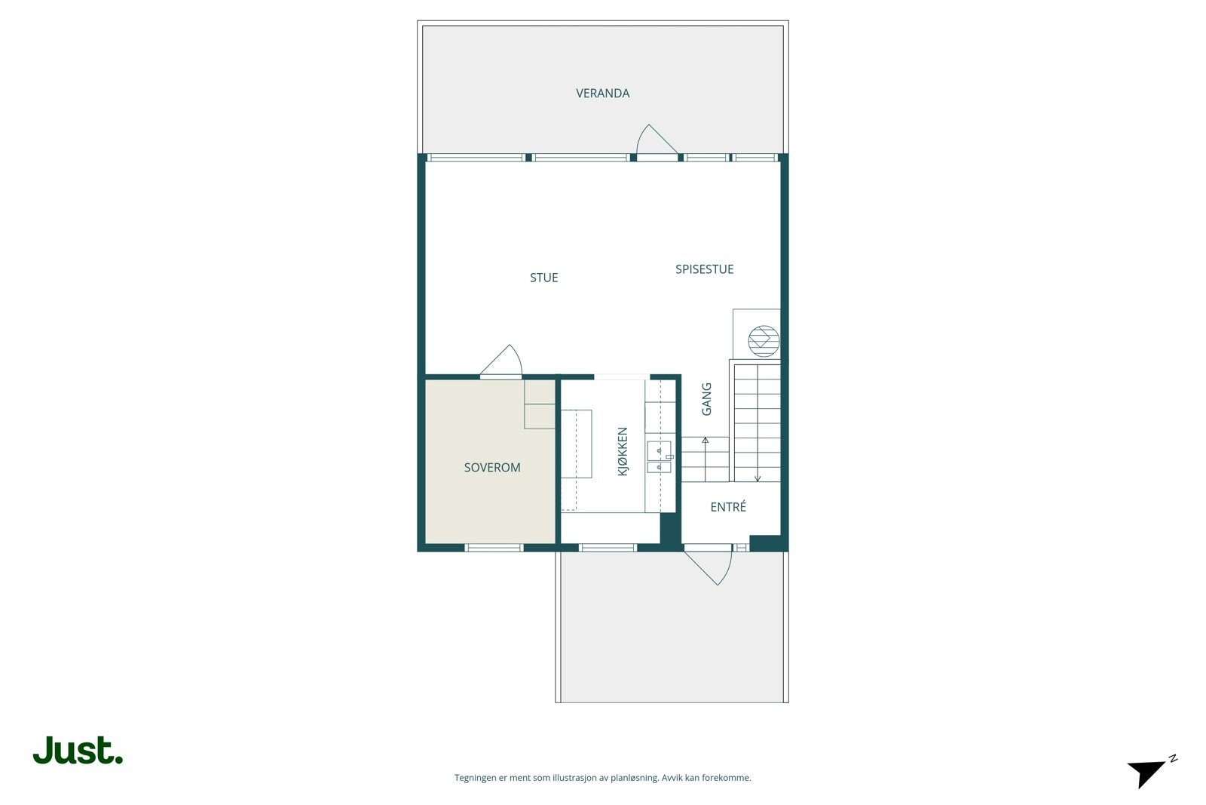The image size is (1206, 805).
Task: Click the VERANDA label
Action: click(x=602, y=94)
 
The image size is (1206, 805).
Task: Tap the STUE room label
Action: click(x=543, y=278)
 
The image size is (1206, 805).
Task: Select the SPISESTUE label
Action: click(x=704, y=269)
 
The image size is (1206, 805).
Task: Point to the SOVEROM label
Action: click(x=492, y=468)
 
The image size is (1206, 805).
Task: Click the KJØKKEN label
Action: click(x=623, y=451)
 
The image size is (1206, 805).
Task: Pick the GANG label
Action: click(x=706, y=399)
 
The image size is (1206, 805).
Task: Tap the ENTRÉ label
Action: click(x=728, y=508)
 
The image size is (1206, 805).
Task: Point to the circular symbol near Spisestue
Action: click(x=763, y=340)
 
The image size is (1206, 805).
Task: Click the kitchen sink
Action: click(x=659, y=457)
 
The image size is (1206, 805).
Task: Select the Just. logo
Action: click(x=78, y=751)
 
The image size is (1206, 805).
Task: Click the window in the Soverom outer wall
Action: click(x=494, y=548)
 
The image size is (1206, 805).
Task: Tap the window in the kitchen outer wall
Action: click(x=608, y=548)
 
